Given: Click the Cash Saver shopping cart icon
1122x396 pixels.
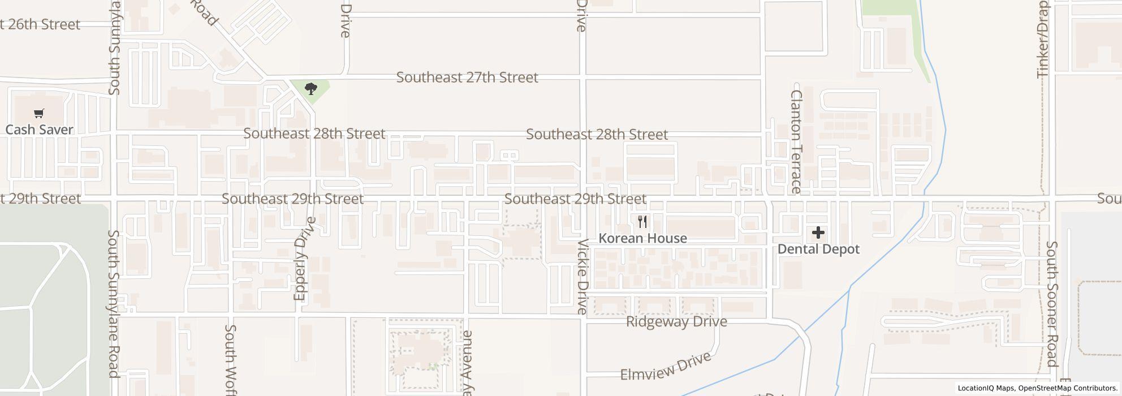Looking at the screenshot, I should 38,114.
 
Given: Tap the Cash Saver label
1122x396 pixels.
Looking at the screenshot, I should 39,130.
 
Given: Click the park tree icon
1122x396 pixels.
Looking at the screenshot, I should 310,89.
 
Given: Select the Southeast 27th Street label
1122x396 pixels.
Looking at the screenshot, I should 467,78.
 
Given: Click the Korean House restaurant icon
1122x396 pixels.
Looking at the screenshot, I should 642,221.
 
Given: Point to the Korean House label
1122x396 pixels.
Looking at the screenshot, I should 642,238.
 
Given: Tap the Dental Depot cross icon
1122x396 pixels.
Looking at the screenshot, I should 818,233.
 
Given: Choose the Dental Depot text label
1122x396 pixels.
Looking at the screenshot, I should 818,249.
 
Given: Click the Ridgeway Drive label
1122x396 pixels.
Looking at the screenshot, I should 676,322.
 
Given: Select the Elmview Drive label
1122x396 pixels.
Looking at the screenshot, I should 666,368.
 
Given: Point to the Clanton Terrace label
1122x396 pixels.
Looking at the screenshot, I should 796,141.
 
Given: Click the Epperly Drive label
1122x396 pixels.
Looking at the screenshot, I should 301,259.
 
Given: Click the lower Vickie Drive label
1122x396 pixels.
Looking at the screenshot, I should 582,276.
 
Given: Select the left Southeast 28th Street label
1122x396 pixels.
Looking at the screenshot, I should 314,134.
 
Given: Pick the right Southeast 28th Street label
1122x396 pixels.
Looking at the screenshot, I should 597,135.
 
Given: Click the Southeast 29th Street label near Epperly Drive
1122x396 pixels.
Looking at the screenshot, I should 292,199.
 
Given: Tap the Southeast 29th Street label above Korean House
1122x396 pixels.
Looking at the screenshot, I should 575,199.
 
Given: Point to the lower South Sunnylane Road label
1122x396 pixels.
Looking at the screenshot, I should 114,304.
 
